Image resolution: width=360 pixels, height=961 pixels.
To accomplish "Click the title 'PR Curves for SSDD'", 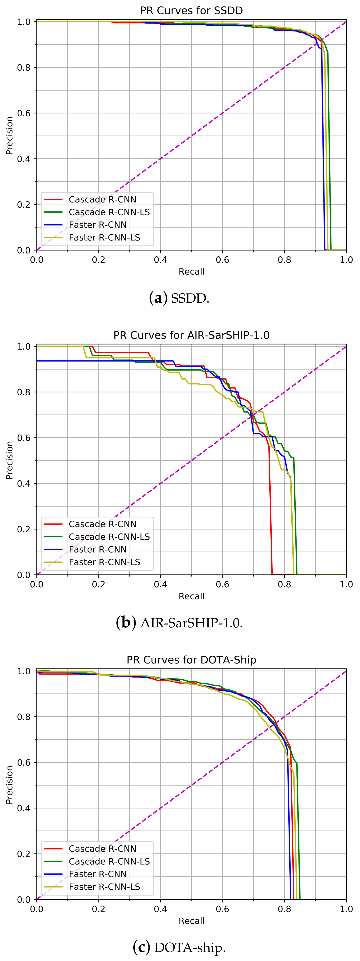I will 191,10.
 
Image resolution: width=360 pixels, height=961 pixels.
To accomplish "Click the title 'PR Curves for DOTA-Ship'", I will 191,660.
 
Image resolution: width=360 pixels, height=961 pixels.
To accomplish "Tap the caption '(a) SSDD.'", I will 179,299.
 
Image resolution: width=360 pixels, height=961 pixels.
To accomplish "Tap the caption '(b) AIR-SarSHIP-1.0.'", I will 179,623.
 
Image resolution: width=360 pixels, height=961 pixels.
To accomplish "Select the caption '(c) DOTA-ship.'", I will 179,947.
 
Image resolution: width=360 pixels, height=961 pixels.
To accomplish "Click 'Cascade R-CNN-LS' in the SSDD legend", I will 109,212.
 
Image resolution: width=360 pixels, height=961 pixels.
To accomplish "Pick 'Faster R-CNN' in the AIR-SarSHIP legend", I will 98,549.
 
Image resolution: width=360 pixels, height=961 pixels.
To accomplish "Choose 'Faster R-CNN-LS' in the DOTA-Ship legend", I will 105,887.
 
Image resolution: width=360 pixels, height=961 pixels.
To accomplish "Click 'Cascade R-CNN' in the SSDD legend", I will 103,200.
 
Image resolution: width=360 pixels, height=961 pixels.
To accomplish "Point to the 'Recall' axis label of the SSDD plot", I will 191,272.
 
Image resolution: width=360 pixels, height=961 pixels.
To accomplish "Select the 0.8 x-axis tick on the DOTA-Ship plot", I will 284,909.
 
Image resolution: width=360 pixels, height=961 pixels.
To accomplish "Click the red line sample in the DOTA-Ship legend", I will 53,849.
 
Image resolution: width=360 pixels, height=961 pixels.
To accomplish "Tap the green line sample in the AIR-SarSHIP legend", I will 53,537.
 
